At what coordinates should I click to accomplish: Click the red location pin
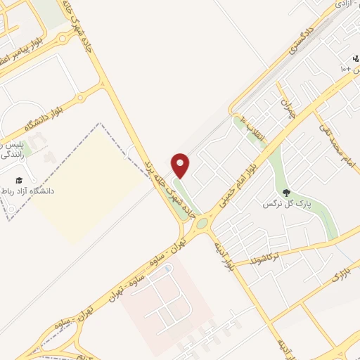pos(181,165)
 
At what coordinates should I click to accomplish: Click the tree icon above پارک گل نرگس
pos(285,191)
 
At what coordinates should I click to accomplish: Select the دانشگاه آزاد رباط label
pos(29,191)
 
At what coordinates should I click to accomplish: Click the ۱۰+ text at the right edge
pos(348,70)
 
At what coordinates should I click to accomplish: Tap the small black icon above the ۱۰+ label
pos(355,58)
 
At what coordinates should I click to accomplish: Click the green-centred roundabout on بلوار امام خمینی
pos(202,224)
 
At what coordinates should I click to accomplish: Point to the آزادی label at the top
pos(344,4)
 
